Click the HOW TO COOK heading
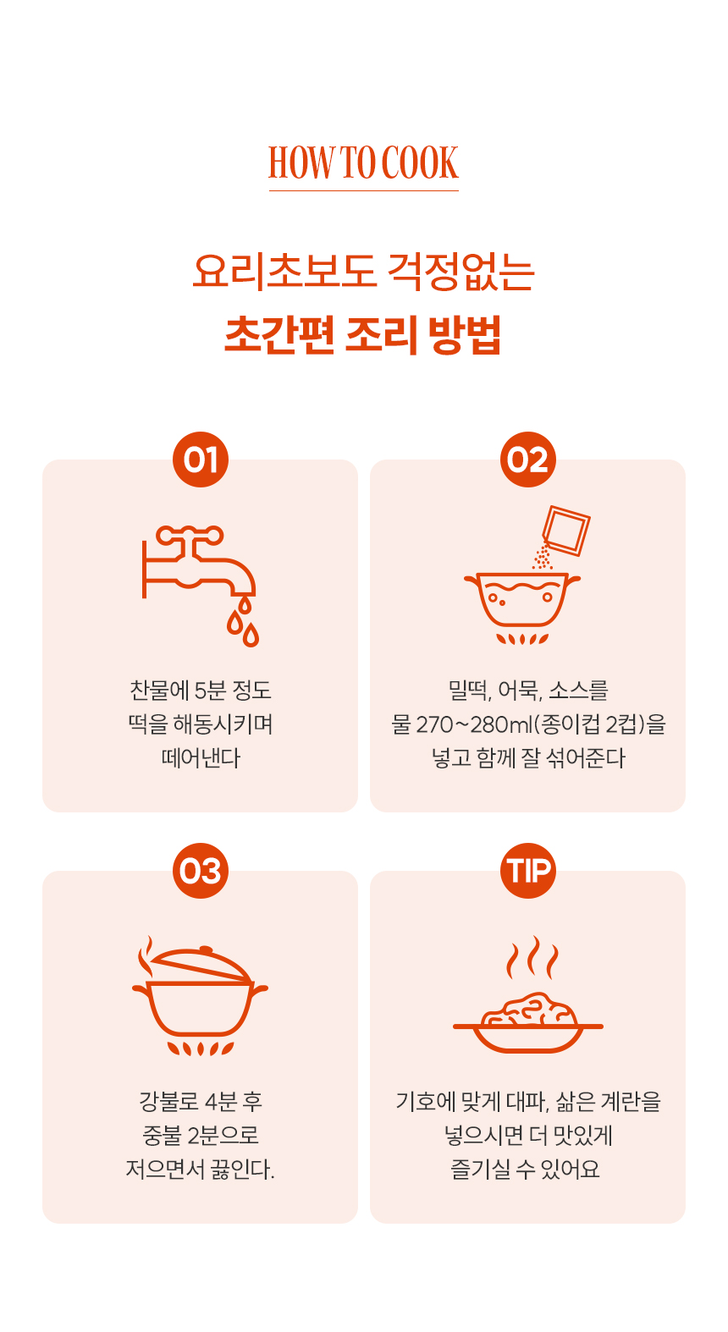click(x=363, y=162)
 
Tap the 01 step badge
click(x=201, y=460)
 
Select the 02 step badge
click(x=527, y=460)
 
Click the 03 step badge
click(x=201, y=871)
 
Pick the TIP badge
click(x=527, y=871)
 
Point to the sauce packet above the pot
click(x=565, y=531)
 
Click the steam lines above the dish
click(x=532, y=957)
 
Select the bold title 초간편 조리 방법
click(x=363, y=335)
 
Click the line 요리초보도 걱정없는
click(x=363, y=272)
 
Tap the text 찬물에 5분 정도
click(x=201, y=691)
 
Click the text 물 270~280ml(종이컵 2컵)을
click(x=528, y=724)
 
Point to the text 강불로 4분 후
click(x=201, y=1101)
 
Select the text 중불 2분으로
click(x=201, y=1135)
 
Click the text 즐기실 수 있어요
click(x=525, y=1169)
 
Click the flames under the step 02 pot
click(x=522, y=639)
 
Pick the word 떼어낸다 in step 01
click(x=201, y=758)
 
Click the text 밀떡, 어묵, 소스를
click(x=528, y=691)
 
